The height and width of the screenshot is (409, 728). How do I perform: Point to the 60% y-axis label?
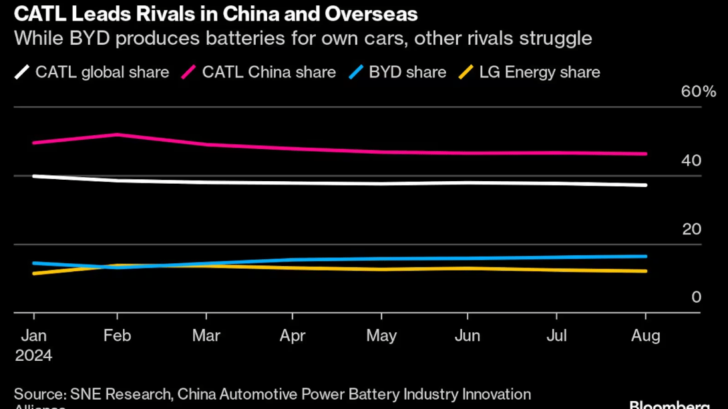(698, 92)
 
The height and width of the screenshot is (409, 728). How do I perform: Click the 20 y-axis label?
(691, 230)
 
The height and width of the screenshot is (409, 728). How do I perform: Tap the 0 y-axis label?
(697, 297)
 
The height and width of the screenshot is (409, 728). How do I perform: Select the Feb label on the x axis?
(118, 335)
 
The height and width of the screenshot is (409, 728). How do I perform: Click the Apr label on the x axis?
(292, 335)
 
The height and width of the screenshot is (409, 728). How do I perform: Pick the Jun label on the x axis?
(468, 335)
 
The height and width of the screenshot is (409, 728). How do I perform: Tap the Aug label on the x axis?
(645, 335)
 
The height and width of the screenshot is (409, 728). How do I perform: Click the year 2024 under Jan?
(33, 356)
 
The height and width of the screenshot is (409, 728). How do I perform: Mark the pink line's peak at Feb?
(118, 134)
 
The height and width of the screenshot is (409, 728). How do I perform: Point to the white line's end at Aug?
(645, 185)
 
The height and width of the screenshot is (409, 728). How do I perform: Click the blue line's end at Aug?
(645, 256)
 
